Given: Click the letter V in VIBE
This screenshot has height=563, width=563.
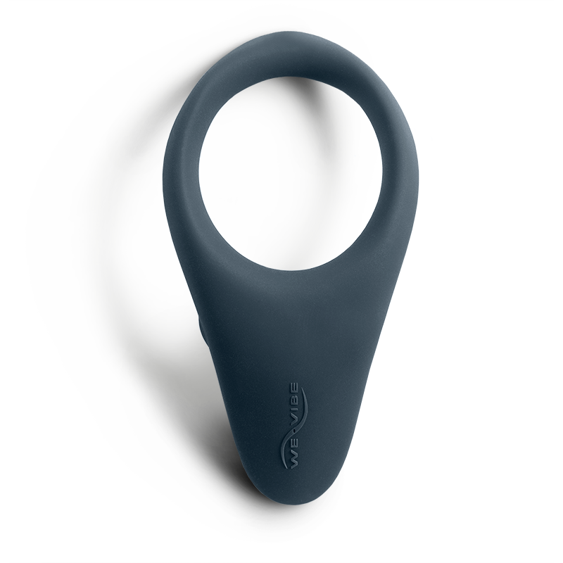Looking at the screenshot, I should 293,419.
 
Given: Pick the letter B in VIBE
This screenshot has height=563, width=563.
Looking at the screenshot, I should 294,401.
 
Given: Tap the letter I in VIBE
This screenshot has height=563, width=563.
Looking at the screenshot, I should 294,410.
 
